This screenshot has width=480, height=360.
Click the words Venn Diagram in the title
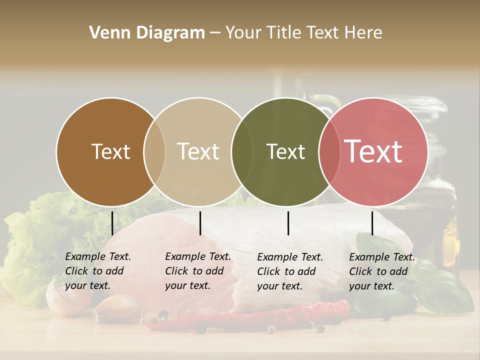coord(147,33)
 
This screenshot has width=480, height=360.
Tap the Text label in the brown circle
coord(110,152)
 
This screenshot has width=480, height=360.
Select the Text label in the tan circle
coord(198,152)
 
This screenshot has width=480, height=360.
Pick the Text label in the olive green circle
coord(285,152)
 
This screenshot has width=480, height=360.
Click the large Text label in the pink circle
coord(373,152)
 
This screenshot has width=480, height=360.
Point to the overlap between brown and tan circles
coord(154,152)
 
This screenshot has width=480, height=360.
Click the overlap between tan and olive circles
coord(241,152)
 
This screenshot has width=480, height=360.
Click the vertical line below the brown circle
coord(112,223)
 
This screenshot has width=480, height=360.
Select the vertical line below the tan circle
coord(200,223)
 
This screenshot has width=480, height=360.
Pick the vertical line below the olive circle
coord(288,223)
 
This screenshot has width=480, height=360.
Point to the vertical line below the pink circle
coord(372,223)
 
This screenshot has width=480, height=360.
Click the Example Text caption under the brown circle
coord(97,271)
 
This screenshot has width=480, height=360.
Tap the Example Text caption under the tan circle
coord(197,271)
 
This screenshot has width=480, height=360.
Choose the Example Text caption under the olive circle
coord(289,271)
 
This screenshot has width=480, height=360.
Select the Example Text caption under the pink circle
coord(381,271)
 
